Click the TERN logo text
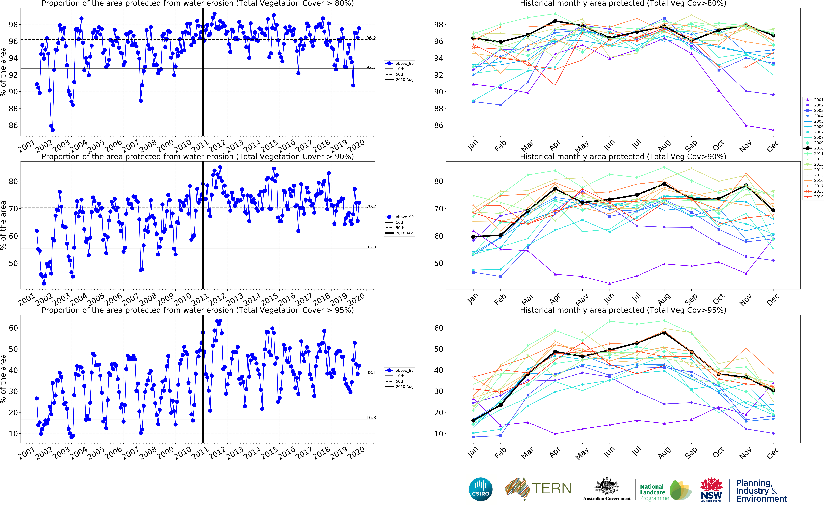point(552,489)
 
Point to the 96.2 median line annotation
point(371,38)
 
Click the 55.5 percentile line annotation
point(371,246)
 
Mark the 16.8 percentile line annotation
point(371,417)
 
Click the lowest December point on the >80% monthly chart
point(773,130)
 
